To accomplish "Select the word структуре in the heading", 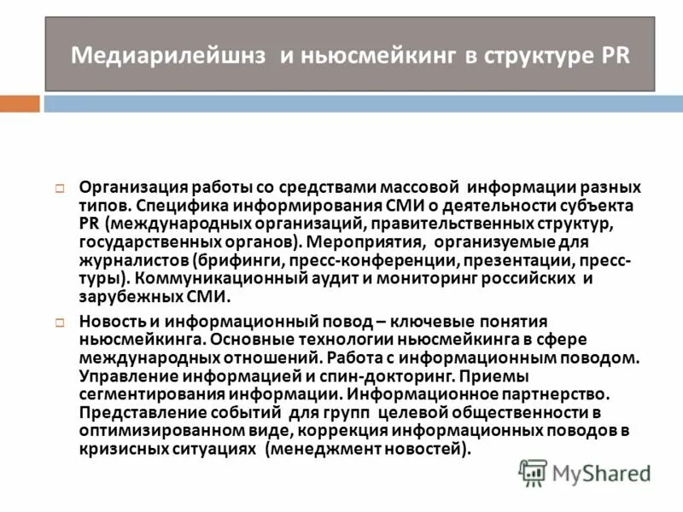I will pyautogui.click(x=538, y=56).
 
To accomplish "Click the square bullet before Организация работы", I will pyautogui.click(x=61, y=188).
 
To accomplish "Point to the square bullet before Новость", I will pyautogui.click(x=61, y=322).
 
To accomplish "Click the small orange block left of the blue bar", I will pyautogui.click(x=20, y=103).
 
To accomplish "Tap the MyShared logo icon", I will pyautogui.click(x=534, y=472).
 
